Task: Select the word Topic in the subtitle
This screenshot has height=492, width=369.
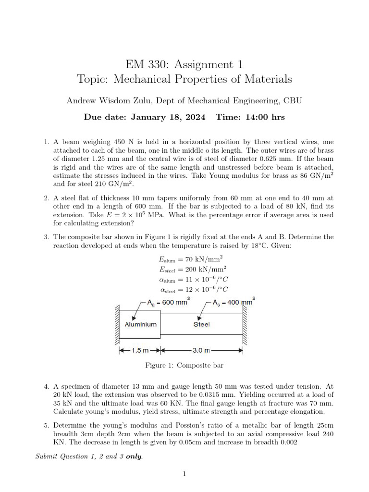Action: coord(94,79)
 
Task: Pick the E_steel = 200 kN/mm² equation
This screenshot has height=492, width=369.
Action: coord(193,269)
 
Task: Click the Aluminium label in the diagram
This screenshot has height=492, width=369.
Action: coord(140,324)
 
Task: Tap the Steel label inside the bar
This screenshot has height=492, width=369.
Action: coord(201,324)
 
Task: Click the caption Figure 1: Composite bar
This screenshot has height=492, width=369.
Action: coord(184,366)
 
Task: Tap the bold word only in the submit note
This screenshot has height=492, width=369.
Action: coord(134,456)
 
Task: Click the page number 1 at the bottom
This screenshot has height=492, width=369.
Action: coord(184,474)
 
